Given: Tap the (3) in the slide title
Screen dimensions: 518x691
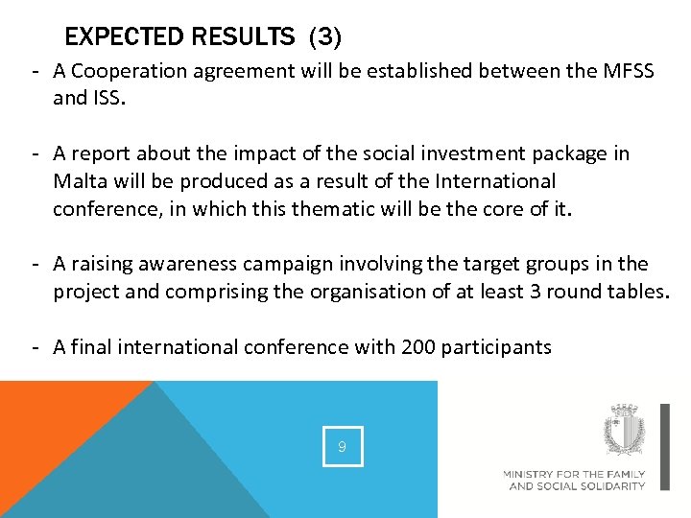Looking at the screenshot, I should coord(323,37).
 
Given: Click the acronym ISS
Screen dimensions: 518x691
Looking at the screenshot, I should coord(108,98).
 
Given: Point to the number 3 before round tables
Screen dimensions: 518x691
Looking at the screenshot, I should coord(536,292).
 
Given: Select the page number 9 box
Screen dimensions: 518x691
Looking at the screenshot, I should coord(343,446).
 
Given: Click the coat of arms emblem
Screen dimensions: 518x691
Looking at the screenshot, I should coord(624,430).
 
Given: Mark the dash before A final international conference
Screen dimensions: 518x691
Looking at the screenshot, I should coord(33,347).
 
